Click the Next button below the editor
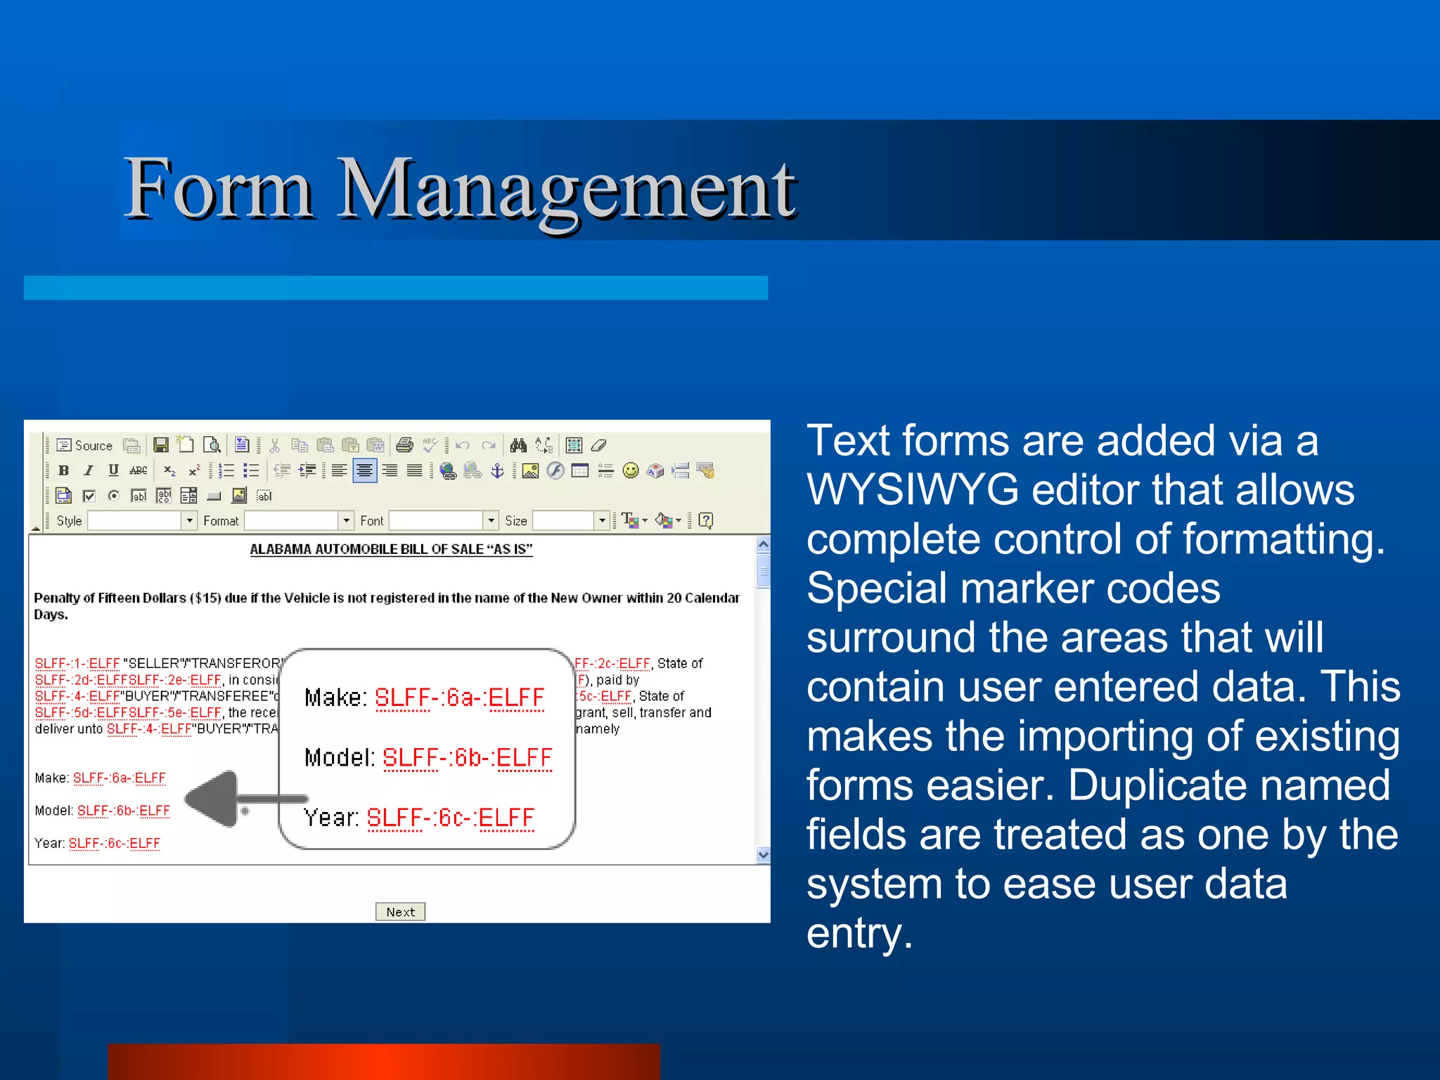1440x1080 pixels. (x=400, y=911)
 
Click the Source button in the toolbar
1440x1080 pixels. (x=85, y=445)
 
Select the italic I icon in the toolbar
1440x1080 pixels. (x=89, y=470)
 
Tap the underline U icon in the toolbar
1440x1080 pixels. (x=113, y=470)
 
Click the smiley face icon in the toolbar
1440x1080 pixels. (x=631, y=470)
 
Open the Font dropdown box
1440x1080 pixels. (x=443, y=520)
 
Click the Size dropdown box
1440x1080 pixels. (x=570, y=520)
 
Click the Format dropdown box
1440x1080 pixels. (x=298, y=520)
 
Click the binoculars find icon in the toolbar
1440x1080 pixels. (x=518, y=445)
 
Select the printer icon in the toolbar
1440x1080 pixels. (x=404, y=445)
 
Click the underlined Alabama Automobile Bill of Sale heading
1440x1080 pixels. (x=391, y=549)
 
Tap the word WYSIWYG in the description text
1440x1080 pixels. (x=912, y=489)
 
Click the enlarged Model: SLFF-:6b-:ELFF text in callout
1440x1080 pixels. (x=428, y=757)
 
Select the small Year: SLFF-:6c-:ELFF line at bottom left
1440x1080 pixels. (x=97, y=843)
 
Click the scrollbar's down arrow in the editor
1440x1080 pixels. (x=763, y=854)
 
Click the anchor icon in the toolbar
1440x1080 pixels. (x=497, y=470)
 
